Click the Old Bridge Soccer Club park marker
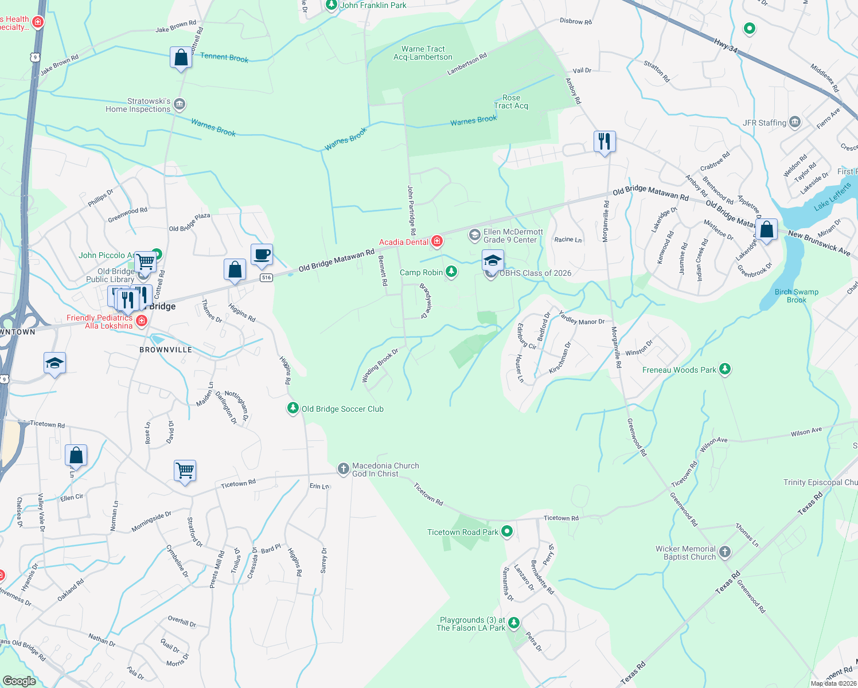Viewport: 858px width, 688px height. point(293,408)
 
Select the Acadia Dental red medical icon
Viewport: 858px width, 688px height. point(437,241)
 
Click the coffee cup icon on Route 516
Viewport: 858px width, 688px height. point(262,255)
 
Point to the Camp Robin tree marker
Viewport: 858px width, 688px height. point(451,272)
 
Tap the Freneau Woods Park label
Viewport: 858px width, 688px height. point(679,370)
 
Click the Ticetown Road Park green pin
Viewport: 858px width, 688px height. point(506,531)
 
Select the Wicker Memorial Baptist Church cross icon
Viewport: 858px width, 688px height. point(725,552)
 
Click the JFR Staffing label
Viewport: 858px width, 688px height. point(764,123)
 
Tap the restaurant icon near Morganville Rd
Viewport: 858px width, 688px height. point(604,140)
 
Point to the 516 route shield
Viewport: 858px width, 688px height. point(266,277)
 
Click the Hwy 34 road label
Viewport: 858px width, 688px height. point(726,45)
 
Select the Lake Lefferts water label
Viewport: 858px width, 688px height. point(832,196)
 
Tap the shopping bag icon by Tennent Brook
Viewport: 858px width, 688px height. point(181,58)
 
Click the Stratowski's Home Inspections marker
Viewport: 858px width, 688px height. point(180,104)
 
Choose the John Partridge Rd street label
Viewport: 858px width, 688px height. point(411,209)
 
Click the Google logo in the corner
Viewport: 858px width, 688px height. point(19,681)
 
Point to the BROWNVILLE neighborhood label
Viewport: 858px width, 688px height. point(166,350)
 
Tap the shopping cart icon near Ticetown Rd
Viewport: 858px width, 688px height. point(185,471)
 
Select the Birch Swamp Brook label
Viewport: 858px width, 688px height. point(796,296)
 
